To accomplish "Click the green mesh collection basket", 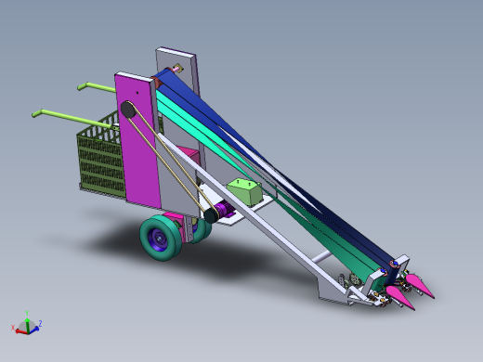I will coord(98,158).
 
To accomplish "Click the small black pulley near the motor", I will coord(211,213).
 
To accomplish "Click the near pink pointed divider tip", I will coord(401,297).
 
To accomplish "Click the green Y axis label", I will coord(27,314).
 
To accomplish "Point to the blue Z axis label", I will coord(40,323).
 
